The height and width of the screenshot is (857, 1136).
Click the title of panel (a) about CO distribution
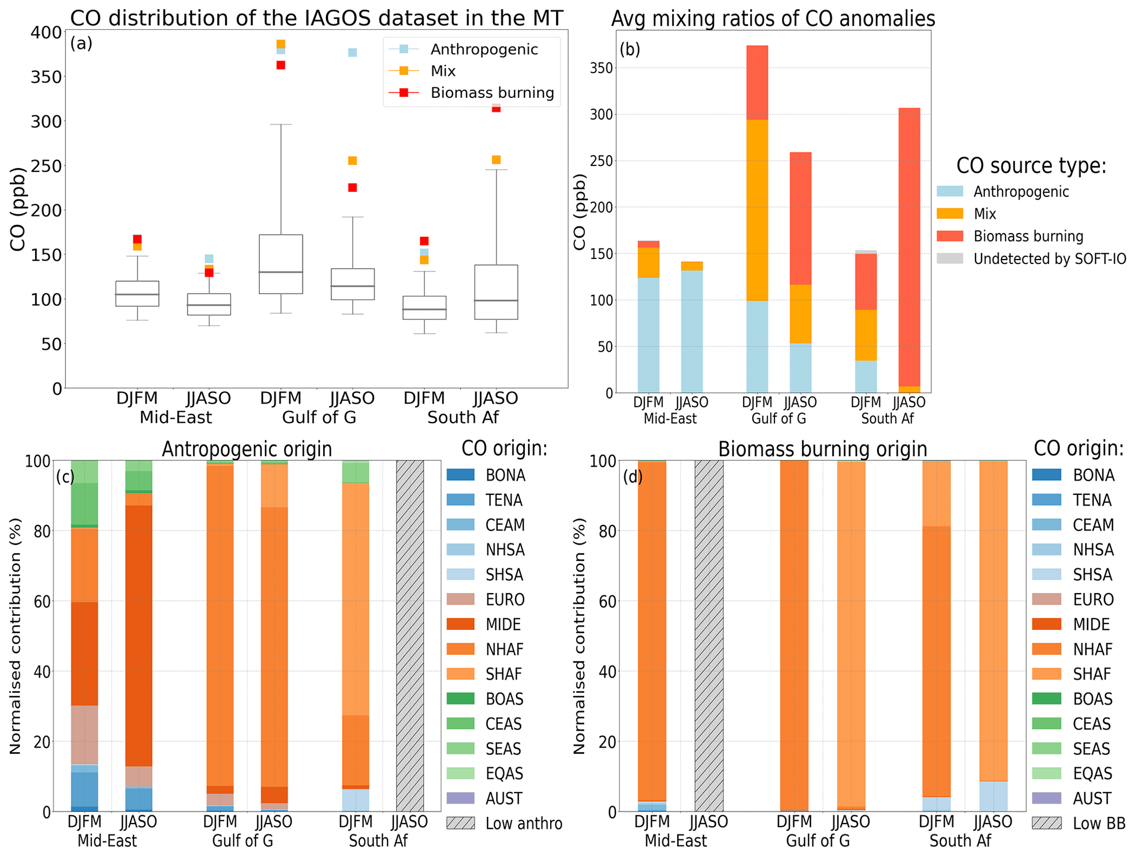point(317,18)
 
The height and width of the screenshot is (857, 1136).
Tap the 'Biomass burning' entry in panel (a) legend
point(491,93)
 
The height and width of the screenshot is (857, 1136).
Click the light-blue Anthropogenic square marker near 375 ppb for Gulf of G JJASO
point(352,53)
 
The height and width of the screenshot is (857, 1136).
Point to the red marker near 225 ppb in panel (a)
point(352,188)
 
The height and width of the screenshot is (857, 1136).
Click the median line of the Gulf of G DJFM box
point(281,272)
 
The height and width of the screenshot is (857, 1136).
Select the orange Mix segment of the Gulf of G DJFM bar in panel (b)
point(757,210)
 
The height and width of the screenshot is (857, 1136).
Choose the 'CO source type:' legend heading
point(1031,165)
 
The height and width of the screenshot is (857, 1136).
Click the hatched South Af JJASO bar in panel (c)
point(410,635)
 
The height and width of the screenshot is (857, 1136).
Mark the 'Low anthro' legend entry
point(523,823)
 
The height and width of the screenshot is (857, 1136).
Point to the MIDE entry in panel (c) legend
point(503,624)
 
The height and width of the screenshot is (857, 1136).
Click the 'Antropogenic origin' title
point(247,449)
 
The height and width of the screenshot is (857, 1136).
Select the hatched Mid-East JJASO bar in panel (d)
point(708,635)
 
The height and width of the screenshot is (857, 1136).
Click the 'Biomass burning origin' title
point(822,449)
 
